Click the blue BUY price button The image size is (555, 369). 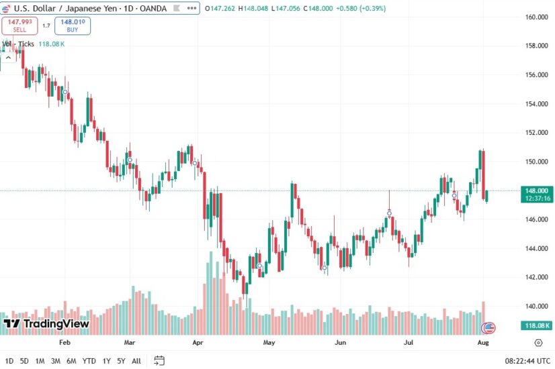(73, 25)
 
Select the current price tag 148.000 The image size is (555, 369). (538, 191)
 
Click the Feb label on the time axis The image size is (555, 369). (65, 341)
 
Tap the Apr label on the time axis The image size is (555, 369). (198, 341)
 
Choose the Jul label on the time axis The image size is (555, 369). (409, 341)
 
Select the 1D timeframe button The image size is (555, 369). (9, 361)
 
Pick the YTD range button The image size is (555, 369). (89, 361)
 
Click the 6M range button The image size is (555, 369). (71, 361)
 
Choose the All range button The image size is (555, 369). (136, 361)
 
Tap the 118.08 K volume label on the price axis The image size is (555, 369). (538, 325)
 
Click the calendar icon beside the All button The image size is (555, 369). (159, 360)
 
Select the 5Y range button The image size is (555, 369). (121, 361)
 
